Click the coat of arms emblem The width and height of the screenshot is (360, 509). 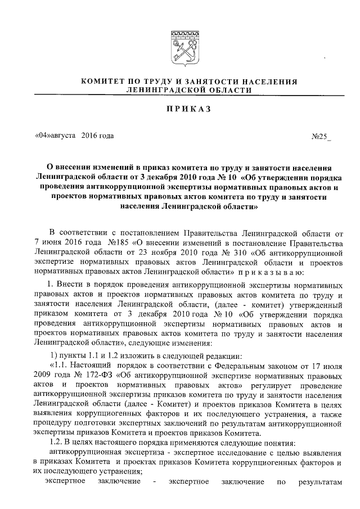[x=180, y=46]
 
